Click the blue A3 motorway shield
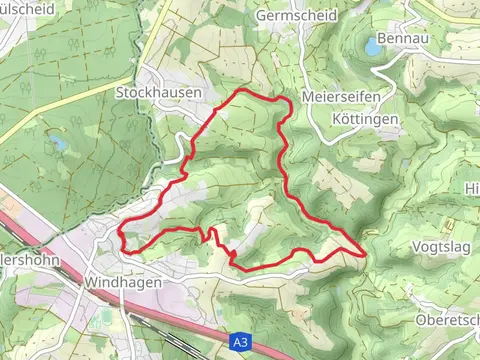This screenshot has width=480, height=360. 238,341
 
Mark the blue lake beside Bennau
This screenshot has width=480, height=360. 374,46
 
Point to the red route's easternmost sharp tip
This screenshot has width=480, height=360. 363,253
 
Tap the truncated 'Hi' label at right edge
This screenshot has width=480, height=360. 472,188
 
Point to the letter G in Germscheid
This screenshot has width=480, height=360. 262,16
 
